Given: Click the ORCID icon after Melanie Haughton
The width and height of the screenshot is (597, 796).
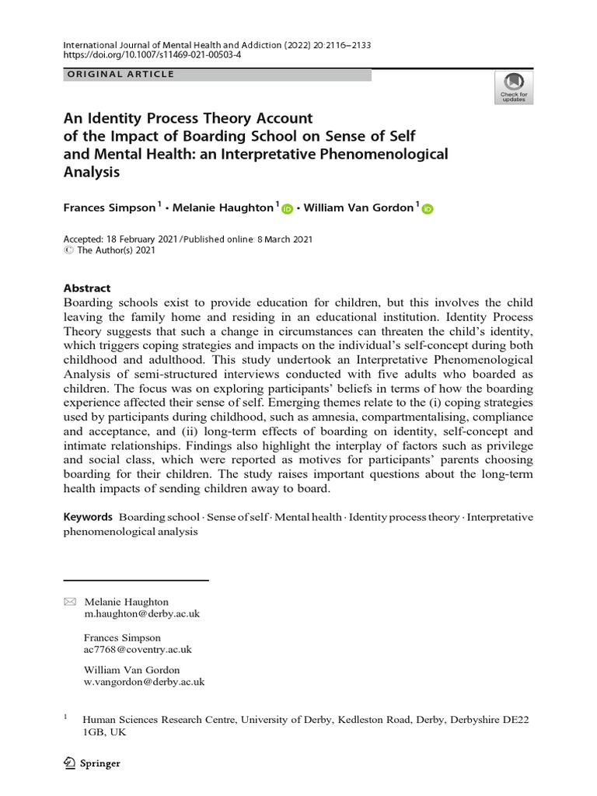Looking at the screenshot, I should click(287, 208).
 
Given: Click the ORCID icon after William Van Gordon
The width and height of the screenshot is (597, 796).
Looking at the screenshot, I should click(428, 208).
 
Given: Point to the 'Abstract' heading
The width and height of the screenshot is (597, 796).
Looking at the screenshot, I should click(86, 287).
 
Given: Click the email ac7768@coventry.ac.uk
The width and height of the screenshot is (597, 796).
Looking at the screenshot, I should click(138, 649).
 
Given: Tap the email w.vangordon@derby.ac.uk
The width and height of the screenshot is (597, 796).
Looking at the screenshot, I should click(144, 682).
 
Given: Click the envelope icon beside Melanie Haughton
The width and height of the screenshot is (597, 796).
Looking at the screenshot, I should click(70, 602).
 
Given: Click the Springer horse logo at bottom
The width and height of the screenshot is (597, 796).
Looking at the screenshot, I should click(69, 763).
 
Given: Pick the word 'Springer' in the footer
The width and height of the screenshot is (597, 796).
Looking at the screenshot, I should click(100, 763).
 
